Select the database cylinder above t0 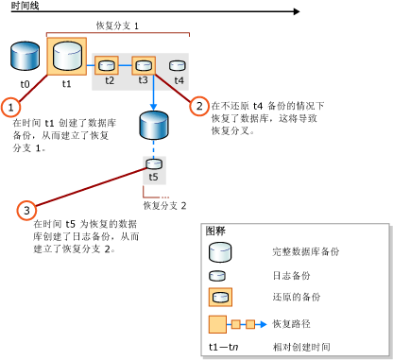click(26, 57)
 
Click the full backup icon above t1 click(66, 57)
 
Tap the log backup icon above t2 click(109, 65)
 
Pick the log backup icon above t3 click(143, 65)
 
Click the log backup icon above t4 click(178, 65)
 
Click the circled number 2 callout click(198, 106)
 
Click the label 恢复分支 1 click(119, 27)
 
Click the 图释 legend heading click(215, 231)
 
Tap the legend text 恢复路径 click(288, 323)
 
